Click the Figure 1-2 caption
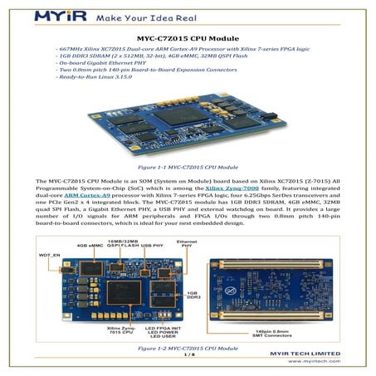(188, 348)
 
